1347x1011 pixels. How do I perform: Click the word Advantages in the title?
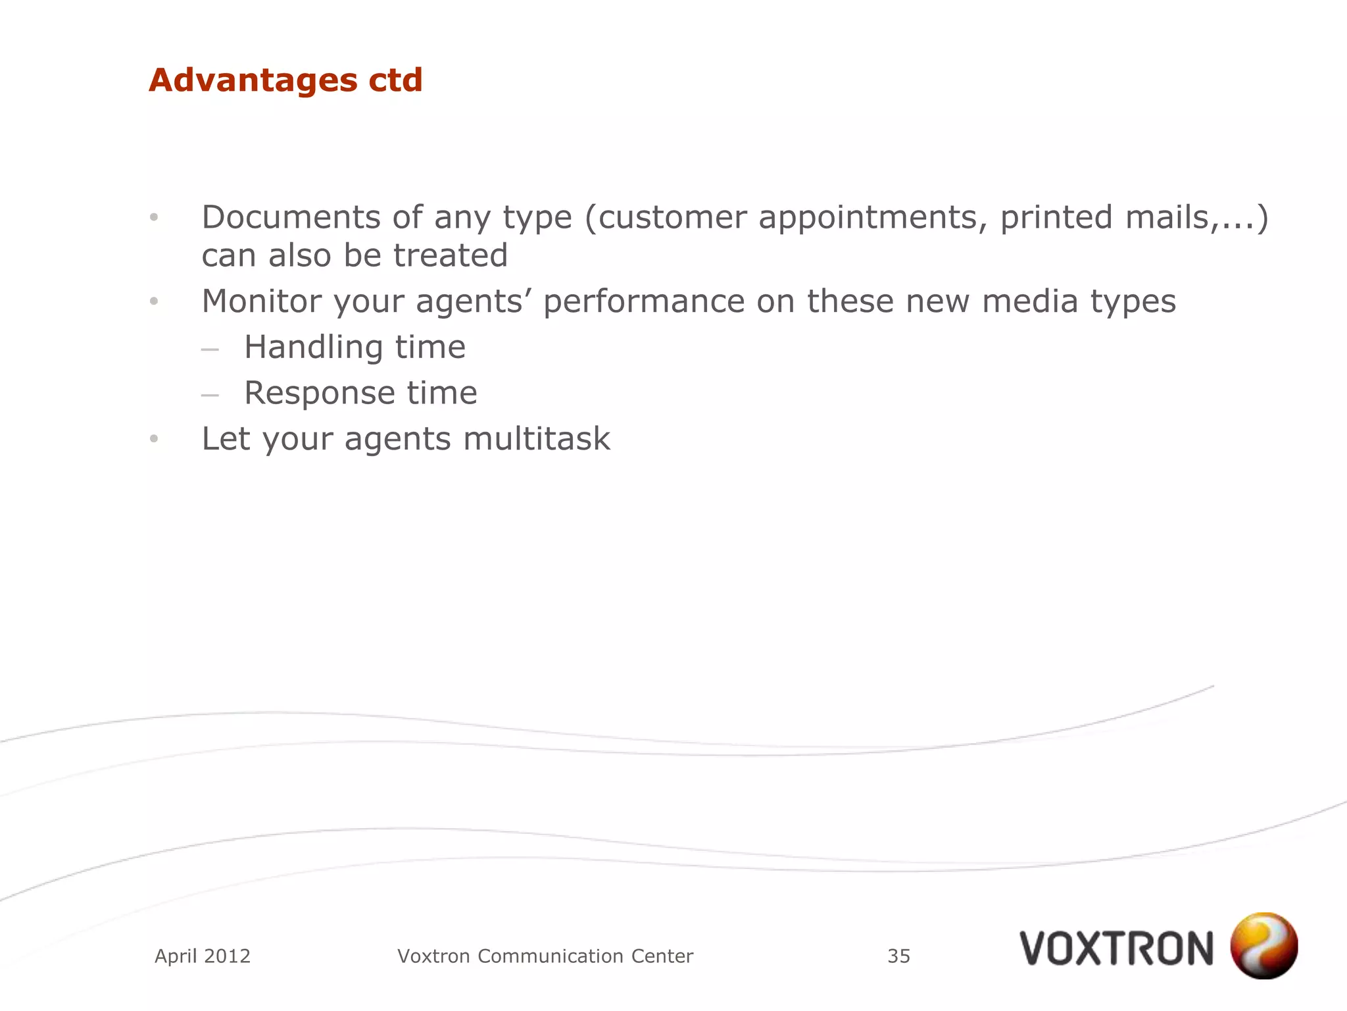(253, 80)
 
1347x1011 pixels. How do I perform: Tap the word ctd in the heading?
(395, 80)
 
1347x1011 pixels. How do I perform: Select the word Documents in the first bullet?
(290, 217)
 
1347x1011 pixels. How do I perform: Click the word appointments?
(872, 219)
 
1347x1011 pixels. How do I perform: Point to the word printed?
(1056, 219)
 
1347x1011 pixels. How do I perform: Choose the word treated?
(451, 255)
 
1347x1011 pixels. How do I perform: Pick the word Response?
(319, 394)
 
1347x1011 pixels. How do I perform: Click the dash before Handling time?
(210, 350)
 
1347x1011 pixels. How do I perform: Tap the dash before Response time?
(210, 396)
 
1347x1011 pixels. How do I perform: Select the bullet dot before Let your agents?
(154, 439)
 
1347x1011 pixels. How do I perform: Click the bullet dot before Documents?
(154, 217)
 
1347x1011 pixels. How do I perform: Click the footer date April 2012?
(203, 956)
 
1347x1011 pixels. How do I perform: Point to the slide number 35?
(898, 956)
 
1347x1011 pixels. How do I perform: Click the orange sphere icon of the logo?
(1263, 946)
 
